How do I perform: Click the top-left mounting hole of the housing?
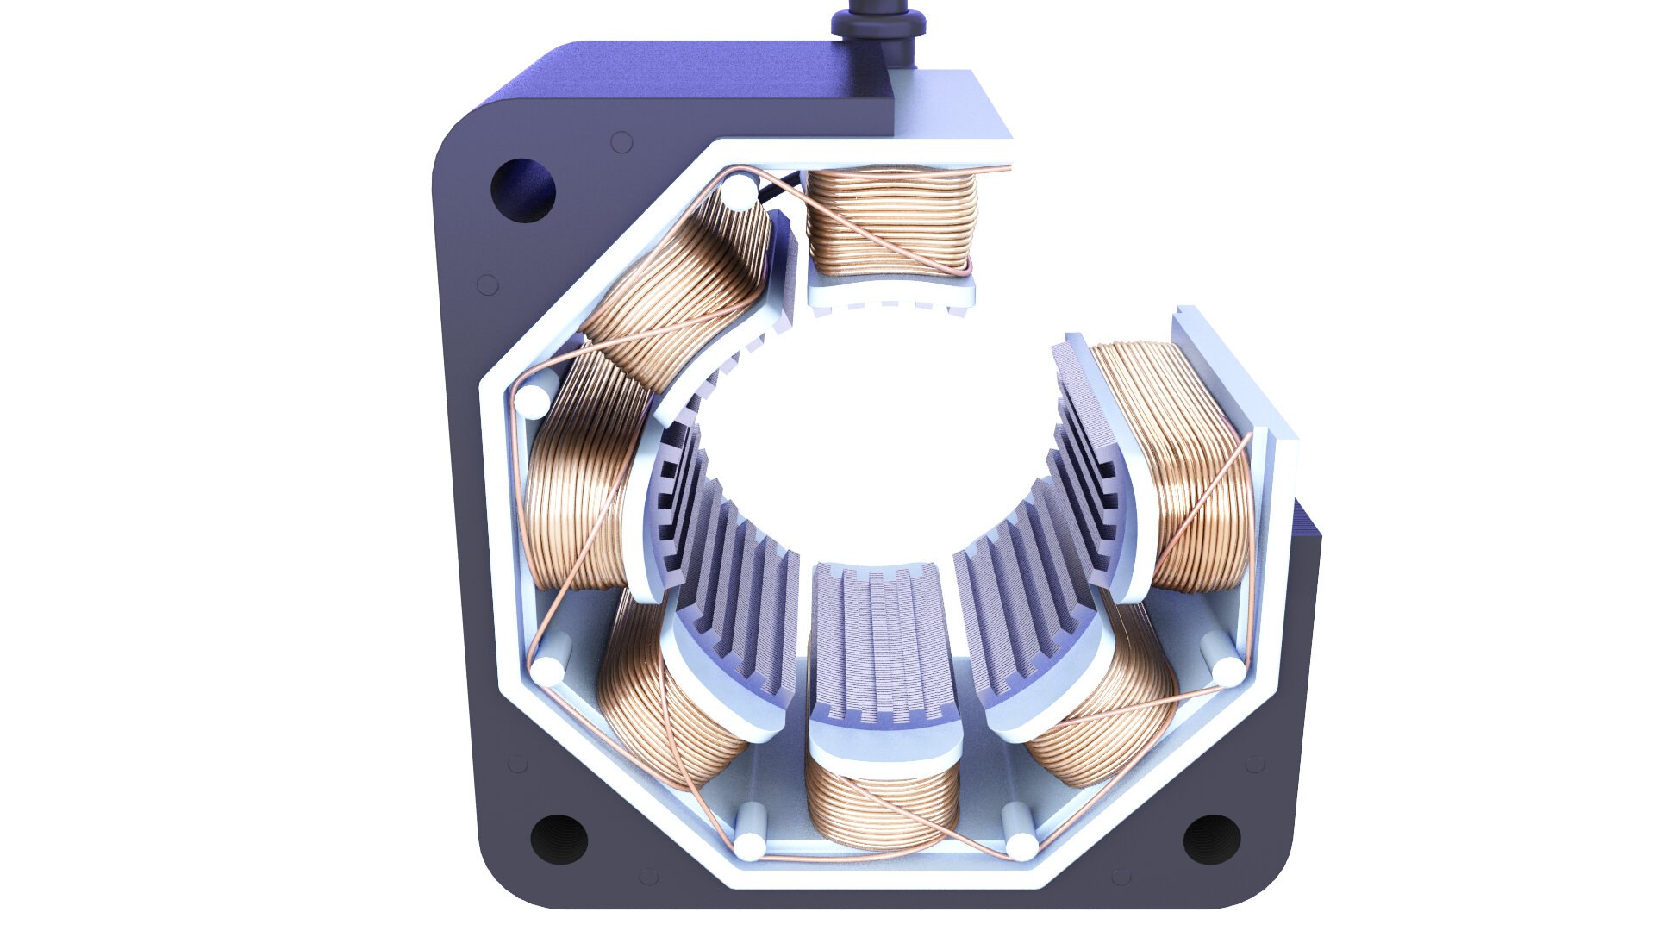click(x=522, y=189)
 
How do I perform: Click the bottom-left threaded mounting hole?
click(x=559, y=837)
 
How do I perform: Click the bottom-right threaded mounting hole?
click(x=1211, y=838)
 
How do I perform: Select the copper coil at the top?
click(x=892, y=221)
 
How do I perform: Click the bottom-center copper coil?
click(x=881, y=806)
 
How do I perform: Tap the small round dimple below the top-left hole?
click(x=488, y=284)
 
